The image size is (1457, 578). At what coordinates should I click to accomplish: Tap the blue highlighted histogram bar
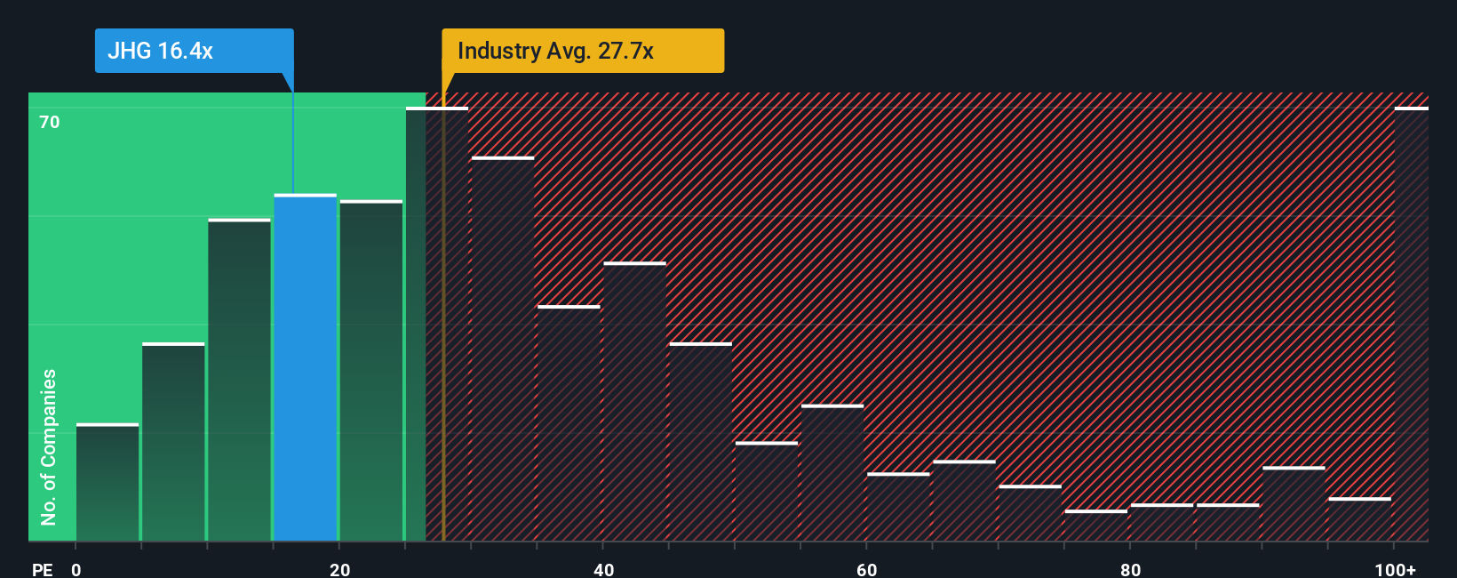pyautogui.click(x=306, y=367)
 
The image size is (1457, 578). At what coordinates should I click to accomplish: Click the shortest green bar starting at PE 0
pyautogui.click(x=107, y=482)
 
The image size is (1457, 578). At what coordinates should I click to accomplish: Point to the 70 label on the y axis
pyautogui.click(x=50, y=122)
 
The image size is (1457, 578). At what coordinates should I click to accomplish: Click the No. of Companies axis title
pyautogui.click(x=49, y=446)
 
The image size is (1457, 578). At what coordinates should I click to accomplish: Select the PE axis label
pyautogui.click(x=42, y=569)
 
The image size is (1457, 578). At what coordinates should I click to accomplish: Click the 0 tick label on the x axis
pyautogui.click(x=76, y=569)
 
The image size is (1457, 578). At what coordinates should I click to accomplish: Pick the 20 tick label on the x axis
pyautogui.click(x=339, y=569)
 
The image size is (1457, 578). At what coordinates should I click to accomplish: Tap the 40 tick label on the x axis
pyautogui.click(x=603, y=569)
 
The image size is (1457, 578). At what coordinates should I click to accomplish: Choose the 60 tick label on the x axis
pyautogui.click(x=866, y=569)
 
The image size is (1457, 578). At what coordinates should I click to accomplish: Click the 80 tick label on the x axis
pyautogui.click(x=1130, y=569)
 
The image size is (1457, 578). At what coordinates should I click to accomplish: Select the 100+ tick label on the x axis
pyautogui.click(x=1395, y=569)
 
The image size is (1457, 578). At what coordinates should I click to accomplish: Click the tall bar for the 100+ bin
pyautogui.click(x=1411, y=325)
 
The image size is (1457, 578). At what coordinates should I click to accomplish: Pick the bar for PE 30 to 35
pyautogui.click(x=503, y=349)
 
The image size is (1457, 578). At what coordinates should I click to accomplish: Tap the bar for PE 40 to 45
pyautogui.click(x=634, y=402)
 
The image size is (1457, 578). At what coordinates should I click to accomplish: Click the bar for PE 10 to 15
pyautogui.click(x=240, y=380)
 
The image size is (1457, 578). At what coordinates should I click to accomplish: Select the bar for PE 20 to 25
pyautogui.click(x=371, y=371)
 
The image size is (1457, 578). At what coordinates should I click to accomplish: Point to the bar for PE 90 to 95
pyautogui.click(x=1294, y=504)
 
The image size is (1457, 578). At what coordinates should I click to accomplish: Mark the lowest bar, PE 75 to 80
pyautogui.click(x=1095, y=526)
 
